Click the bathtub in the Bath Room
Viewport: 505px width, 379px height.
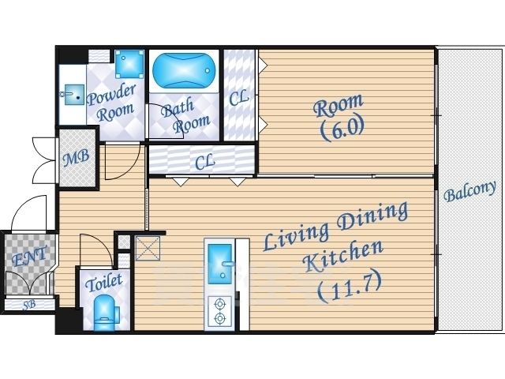click(184, 70)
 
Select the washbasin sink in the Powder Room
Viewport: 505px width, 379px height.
click(74, 95)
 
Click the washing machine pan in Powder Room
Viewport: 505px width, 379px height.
click(129, 64)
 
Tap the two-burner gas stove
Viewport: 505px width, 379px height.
click(219, 311)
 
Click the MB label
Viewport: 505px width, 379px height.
click(77, 158)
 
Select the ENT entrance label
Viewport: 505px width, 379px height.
click(30, 256)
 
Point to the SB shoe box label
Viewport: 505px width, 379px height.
click(29, 305)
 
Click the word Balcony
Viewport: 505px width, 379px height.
click(469, 191)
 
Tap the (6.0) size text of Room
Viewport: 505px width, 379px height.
click(342, 128)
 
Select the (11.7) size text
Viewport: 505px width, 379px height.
click(350, 287)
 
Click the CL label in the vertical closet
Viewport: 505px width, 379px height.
click(239, 98)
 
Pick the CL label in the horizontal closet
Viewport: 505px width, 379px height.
click(205, 161)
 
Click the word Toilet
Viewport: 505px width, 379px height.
click(104, 283)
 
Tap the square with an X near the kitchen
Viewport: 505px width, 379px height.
click(148, 248)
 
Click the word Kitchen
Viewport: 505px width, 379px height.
click(344, 257)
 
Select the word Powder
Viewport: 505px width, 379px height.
click(112, 95)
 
